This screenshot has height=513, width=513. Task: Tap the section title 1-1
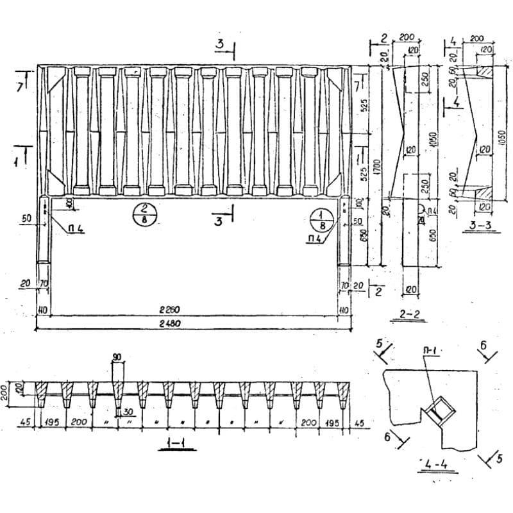(x=174, y=443)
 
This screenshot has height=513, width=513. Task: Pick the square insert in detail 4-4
(x=441, y=408)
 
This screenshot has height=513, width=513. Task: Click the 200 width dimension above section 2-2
(x=406, y=38)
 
